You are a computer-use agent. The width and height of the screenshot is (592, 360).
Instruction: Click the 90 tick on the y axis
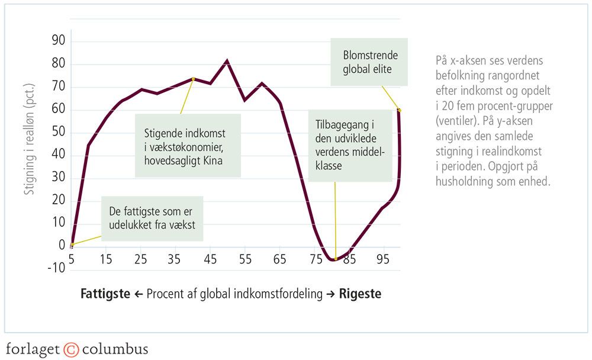click(x=59, y=41)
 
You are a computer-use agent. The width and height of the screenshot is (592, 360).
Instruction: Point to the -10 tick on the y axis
click(x=57, y=268)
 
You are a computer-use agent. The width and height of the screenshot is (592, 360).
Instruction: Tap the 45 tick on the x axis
click(x=210, y=259)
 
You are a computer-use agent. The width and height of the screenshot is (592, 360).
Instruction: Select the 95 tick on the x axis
click(x=384, y=259)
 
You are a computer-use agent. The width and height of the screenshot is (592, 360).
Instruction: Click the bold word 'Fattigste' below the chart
click(x=105, y=294)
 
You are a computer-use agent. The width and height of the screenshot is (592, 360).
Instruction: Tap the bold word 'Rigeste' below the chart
click(x=360, y=294)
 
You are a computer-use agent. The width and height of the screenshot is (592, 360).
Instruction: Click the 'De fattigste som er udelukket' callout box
click(x=152, y=218)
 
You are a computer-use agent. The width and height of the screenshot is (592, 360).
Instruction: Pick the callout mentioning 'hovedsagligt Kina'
click(x=188, y=146)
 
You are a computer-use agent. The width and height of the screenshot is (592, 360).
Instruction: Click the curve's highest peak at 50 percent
click(x=227, y=60)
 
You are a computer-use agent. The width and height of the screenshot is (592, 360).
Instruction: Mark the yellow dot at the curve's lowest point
click(x=336, y=259)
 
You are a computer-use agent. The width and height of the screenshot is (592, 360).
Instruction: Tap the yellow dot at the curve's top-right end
click(x=399, y=110)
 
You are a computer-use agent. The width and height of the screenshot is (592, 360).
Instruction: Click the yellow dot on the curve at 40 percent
click(x=193, y=79)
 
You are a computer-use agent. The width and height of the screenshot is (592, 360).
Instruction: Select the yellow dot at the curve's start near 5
click(x=72, y=245)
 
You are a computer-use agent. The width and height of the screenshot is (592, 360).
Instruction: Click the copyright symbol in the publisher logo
click(x=71, y=348)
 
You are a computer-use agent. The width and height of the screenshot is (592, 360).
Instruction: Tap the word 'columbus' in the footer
click(x=115, y=348)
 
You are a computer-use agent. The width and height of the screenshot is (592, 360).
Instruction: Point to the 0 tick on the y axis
click(x=62, y=245)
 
